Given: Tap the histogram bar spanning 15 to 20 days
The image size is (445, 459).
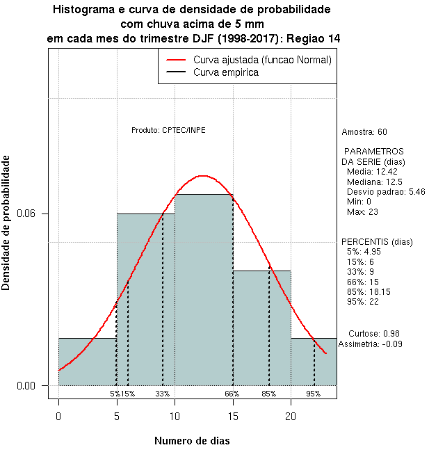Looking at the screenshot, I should [261, 328].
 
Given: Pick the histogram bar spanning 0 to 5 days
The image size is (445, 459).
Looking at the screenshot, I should [87, 362].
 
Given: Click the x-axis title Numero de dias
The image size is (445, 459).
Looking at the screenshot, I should [192, 441].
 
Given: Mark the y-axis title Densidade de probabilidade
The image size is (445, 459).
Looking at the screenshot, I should [6, 223].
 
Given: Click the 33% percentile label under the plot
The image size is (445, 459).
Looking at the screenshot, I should [163, 394].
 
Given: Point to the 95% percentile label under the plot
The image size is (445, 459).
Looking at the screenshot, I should [314, 394].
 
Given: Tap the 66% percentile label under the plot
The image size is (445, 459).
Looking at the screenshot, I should [232, 394].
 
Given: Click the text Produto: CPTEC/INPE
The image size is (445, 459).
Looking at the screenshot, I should [168, 130].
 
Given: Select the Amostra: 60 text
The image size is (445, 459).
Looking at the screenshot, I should [364, 132].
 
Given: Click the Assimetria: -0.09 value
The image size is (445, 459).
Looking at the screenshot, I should [370, 344].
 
